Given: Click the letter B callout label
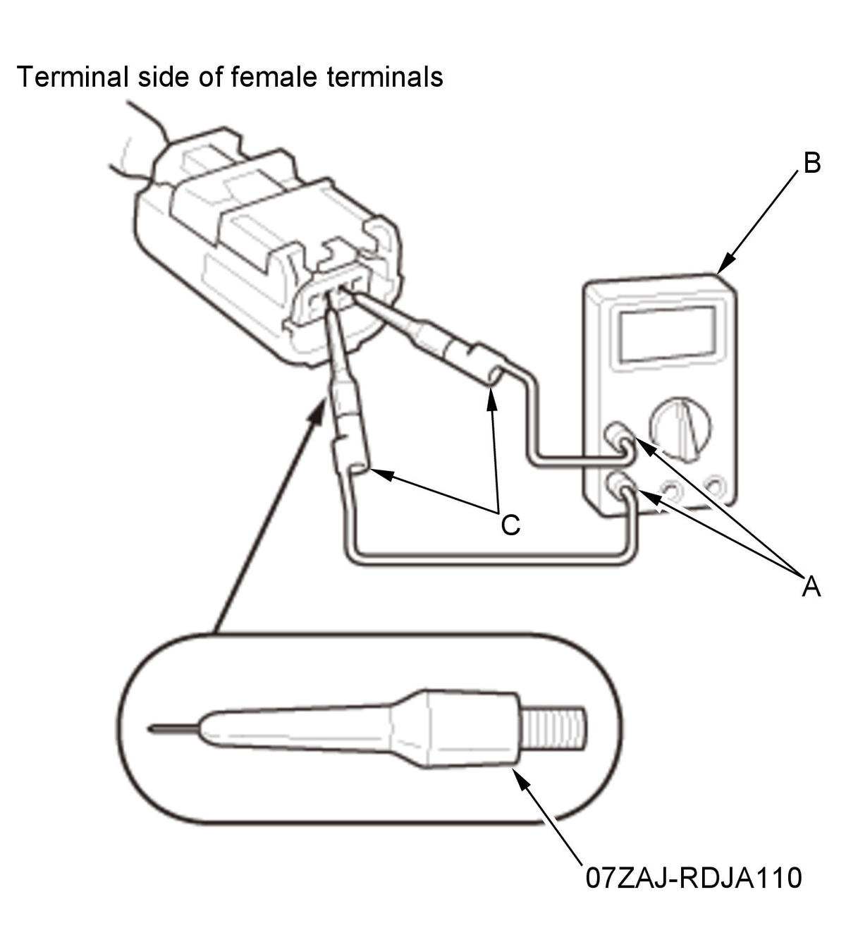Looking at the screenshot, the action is click(x=811, y=164).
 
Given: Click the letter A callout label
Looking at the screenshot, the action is click(x=811, y=587).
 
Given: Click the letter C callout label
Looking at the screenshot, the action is click(x=510, y=525).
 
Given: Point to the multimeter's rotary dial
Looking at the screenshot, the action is click(x=680, y=429).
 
